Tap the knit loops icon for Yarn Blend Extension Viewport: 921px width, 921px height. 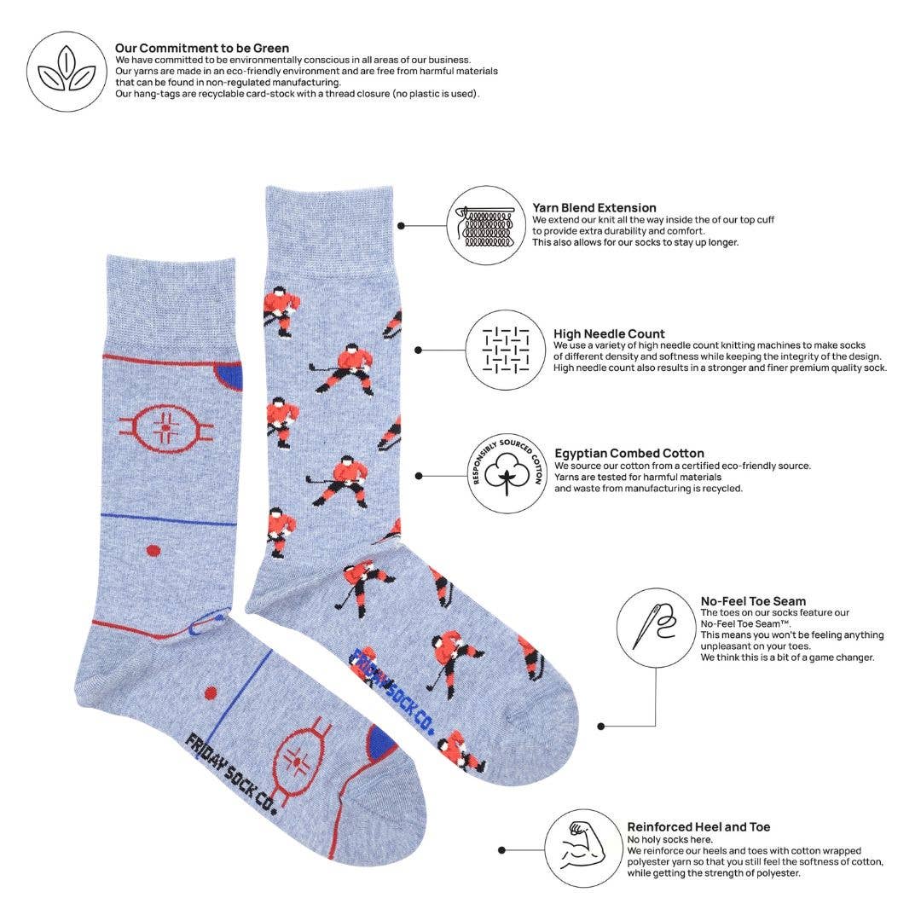click(485, 226)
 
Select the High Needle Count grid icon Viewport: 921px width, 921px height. click(506, 350)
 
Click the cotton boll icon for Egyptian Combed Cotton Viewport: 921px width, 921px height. click(507, 474)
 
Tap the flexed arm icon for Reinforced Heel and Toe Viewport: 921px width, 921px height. click(583, 849)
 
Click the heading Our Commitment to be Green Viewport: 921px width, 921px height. click(202, 48)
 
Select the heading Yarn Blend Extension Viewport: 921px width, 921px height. click(594, 207)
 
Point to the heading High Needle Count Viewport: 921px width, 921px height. click(609, 333)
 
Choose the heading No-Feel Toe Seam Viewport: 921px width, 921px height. click(753, 600)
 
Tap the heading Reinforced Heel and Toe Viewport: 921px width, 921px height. click(698, 826)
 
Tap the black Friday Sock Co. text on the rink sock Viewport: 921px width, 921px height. click(230, 773)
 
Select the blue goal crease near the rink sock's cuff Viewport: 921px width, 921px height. click(229, 374)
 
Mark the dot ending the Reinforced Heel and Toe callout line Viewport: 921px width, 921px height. click(502, 850)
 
